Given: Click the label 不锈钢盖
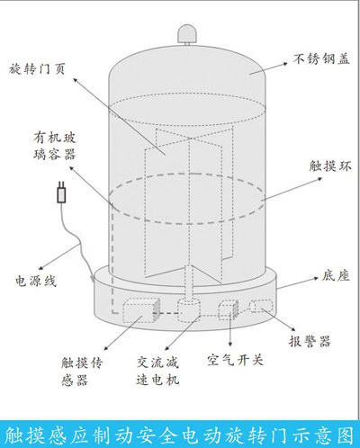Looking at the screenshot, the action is pyautogui.click(x=321, y=58).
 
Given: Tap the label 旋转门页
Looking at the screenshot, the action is pyautogui.click(x=37, y=69).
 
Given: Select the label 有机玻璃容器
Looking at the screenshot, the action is pyautogui.click(x=54, y=146).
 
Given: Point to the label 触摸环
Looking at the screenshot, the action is pyautogui.click(x=330, y=166).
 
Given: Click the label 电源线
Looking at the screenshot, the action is pyautogui.click(x=36, y=281).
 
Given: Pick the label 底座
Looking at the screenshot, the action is pyautogui.click(x=336, y=275).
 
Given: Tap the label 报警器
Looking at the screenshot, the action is pyautogui.click(x=310, y=341).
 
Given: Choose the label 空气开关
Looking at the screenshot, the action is pyautogui.click(x=235, y=360).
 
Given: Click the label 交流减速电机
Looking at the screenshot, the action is pyautogui.click(x=157, y=371).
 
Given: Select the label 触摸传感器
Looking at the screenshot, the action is pyautogui.click(x=82, y=372).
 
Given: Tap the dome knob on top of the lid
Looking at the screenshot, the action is pyautogui.click(x=187, y=33).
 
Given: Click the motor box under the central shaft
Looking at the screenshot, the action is pyautogui.click(x=188, y=310).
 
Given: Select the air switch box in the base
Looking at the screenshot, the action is pyautogui.click(x=229, y=309).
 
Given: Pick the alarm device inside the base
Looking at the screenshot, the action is pyautogui.click(x=261, y=306).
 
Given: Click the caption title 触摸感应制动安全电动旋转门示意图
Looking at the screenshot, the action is pyautogui.click(x=179, y=435).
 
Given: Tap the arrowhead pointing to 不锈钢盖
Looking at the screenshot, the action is pyautogui.click(x=285, y=64).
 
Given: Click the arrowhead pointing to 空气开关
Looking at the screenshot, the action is pyautogui.click(x=230, y=345).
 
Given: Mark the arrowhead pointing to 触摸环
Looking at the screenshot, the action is pyautogui.click(x=319, y=179).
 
